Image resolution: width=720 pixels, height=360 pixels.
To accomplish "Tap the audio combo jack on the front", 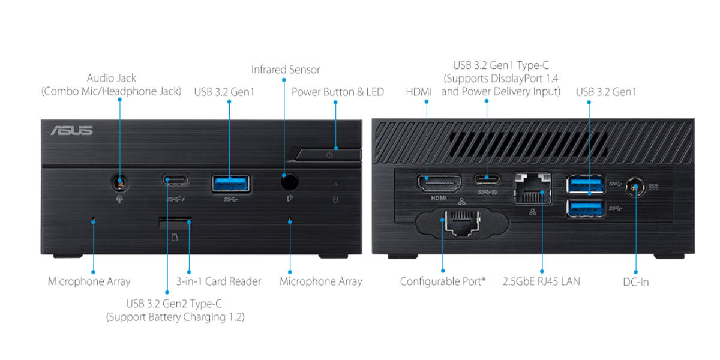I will coord(119,182).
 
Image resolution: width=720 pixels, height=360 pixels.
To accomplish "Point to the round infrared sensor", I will coord(290,181).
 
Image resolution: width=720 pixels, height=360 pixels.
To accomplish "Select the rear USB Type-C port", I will coord(486,178).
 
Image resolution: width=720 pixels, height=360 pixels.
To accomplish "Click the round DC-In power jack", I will coord(635,188).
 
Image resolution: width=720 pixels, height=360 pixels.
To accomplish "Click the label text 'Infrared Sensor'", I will coord(286,70).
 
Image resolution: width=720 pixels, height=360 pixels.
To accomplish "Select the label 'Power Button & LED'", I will coord(338,92).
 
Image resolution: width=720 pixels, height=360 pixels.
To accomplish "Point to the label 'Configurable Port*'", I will coord(443,281).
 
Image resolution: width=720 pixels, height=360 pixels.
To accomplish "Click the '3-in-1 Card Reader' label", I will coord(218,281).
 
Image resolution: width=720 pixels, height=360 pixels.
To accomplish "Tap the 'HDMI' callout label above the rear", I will coord(418,92).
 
